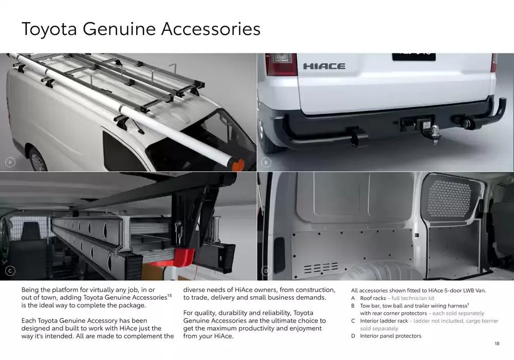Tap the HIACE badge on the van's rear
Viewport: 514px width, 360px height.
[x=324, y=66]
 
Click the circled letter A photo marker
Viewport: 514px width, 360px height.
[x=9, y=163]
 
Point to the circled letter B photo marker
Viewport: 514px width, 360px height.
[x=266, y=163]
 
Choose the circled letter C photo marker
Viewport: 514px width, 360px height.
[x=9, y=271]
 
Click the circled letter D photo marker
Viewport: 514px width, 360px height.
[x=266, y=271]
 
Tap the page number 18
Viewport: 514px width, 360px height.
[x=497, y=344]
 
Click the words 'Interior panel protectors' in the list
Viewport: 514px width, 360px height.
[x=390, y=336]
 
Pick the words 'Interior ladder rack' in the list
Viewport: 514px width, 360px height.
[x=384, y=321]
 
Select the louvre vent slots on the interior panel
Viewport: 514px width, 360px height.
[x=321, y=268]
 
